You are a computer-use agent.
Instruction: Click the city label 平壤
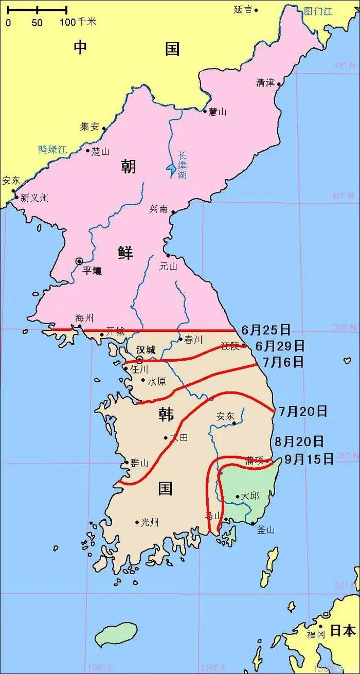coord(92,271)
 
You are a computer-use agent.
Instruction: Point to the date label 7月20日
coord(303,411)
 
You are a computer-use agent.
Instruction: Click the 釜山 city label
coord(266,530)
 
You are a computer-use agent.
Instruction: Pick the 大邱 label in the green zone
coord(250,496)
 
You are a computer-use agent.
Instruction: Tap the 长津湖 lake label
coord(182,166)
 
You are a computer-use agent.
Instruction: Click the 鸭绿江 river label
coord(52,150)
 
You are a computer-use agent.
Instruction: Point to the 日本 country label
coord(343,630)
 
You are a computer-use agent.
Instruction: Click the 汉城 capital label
coord(146,349)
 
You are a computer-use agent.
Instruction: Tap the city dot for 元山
coord(168,255)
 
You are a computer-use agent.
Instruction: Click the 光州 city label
coord(150,523)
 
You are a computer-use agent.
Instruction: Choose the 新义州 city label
coord(34,198)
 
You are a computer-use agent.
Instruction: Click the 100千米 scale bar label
coord(78,22)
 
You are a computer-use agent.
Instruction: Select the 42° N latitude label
coord(344,65)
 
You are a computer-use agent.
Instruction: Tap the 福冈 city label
coord(316,634)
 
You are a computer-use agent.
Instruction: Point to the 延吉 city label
coord(242,9)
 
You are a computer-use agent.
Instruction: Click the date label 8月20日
coord(299,441)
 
